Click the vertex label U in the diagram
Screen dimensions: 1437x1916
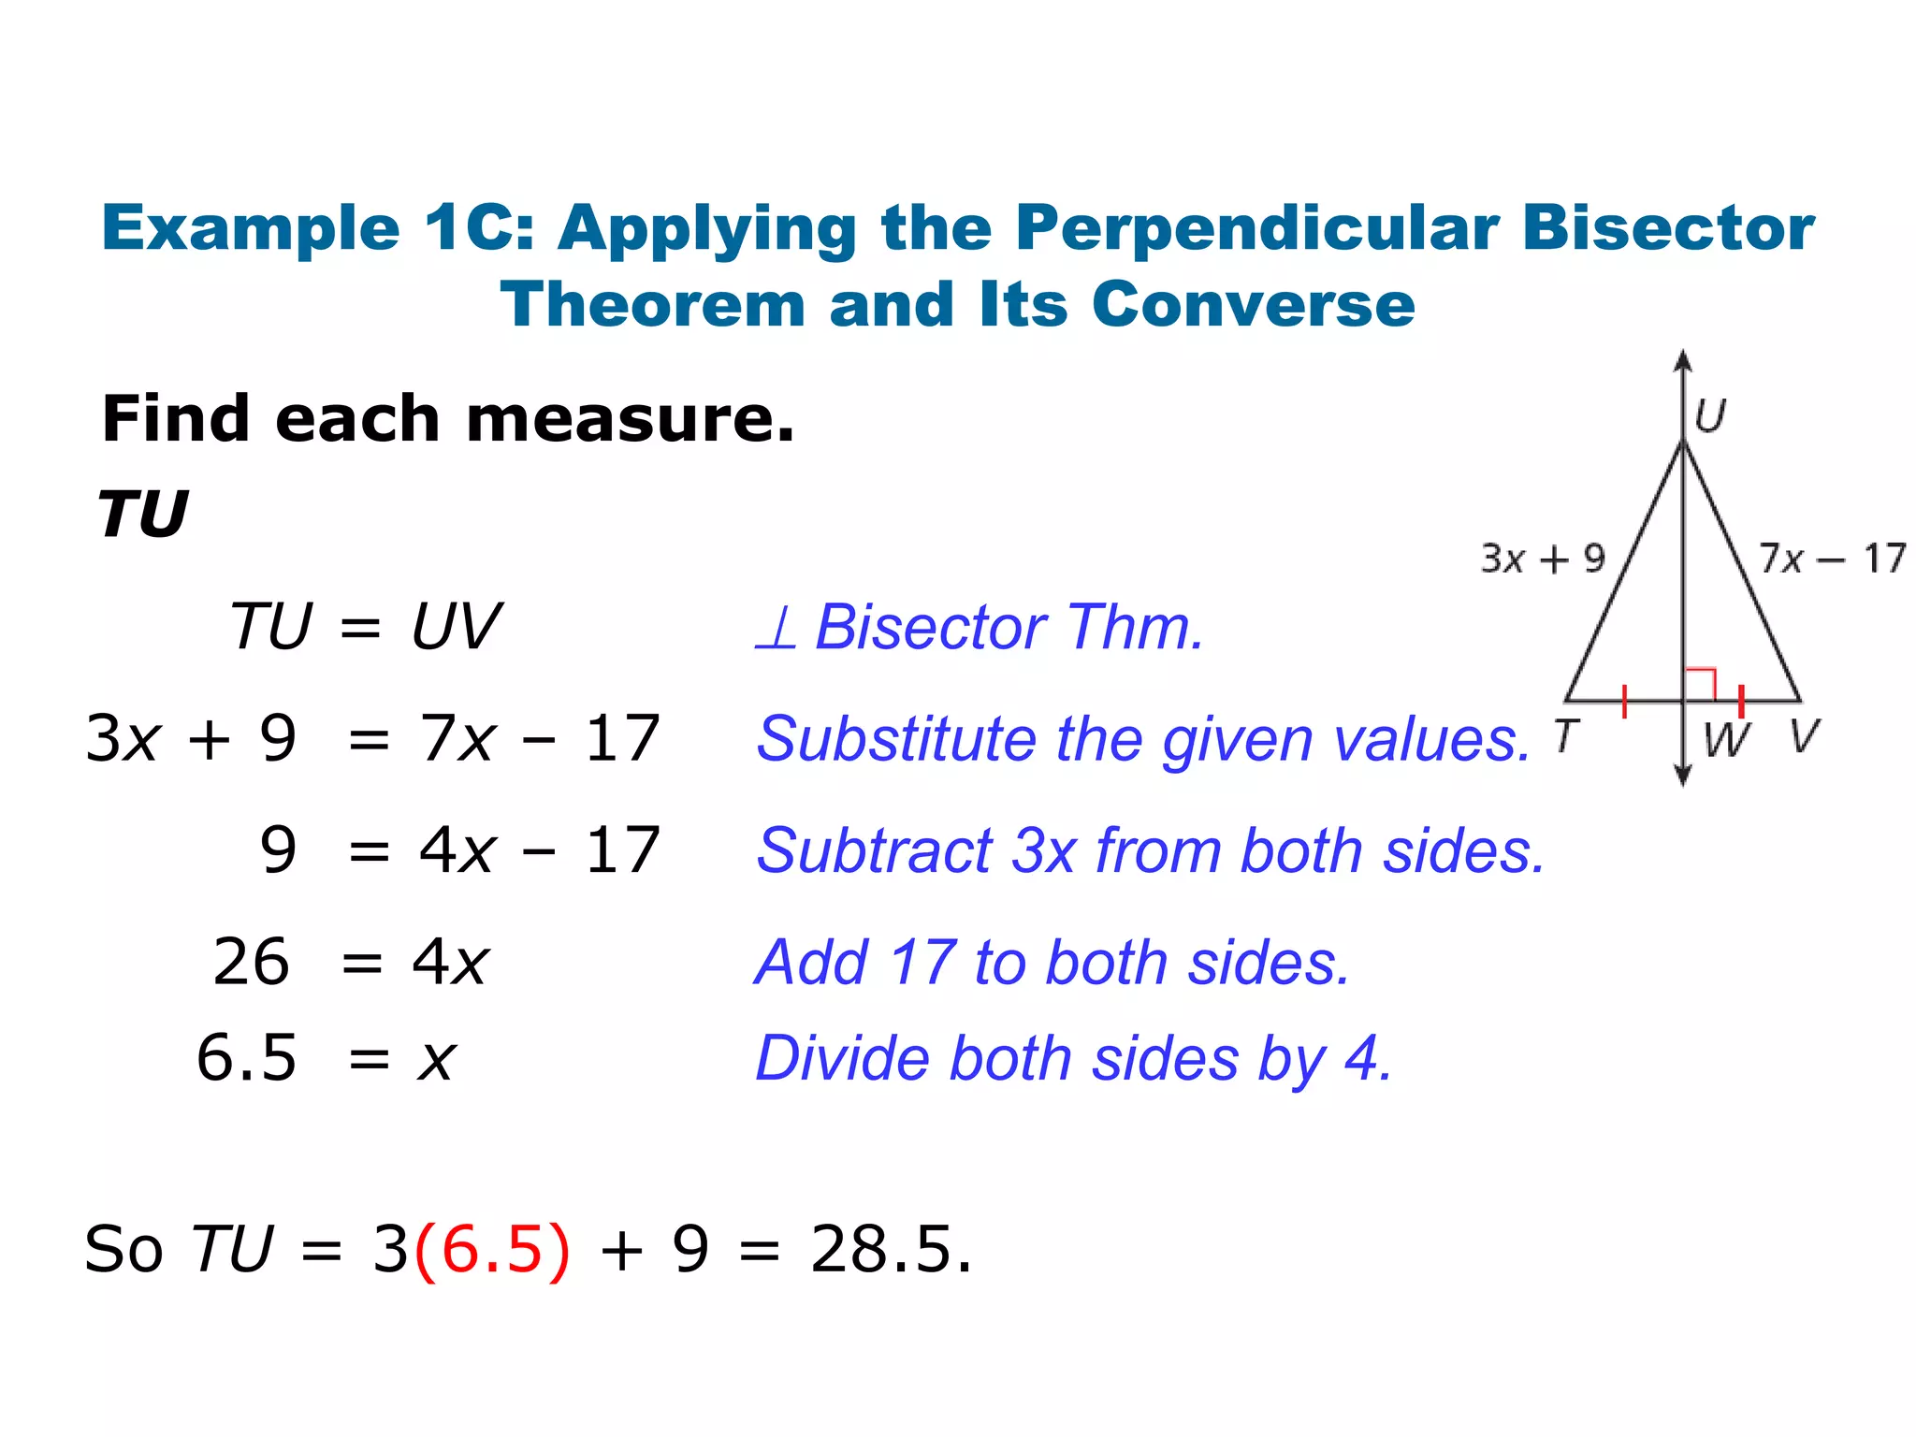click(x=1710, y=415)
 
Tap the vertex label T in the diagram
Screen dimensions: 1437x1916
click(x=1567, y=735)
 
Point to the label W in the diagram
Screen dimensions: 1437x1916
click(x=1725, y=739)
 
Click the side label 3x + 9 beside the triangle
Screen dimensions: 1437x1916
click(x=1543, y=559)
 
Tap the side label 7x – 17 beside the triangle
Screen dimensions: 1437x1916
click(x=1832, y=559)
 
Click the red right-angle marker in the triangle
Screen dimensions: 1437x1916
click(x=1700, y=684)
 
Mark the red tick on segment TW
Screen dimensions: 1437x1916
click(x=1624, y=701)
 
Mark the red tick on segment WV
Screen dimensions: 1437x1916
click(x=1741, y=701)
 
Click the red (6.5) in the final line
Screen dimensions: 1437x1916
click(x=491, y=1249)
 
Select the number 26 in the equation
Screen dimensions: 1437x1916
click(x=251, y=962)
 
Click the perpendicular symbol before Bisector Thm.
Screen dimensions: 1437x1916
click(x=777, y=628)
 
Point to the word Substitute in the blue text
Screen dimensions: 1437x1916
click(x=897, y=739)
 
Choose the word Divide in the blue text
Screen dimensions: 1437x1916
click(x=842, y=1059)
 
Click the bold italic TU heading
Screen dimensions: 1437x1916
click(x=143, y=515)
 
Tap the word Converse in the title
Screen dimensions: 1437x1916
click(x=1253, y=305)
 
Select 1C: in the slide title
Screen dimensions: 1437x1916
click(x=478, y=228)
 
